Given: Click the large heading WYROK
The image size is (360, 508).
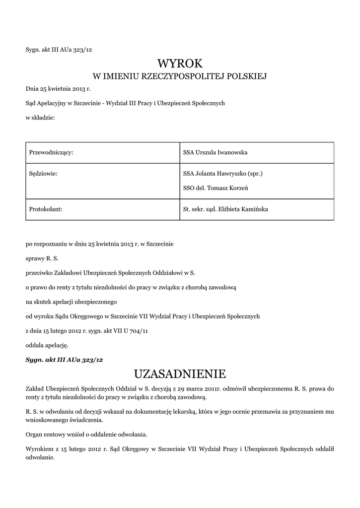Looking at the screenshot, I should pos(180,63).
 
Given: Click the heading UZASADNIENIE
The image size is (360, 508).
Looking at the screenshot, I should pos(180,373).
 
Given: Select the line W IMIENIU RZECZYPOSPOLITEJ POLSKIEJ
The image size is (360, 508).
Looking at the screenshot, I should pos(180,76).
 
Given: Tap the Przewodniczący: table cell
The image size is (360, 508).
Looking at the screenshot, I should pos(52,152).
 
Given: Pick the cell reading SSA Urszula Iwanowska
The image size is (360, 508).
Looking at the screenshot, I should pos(215,152).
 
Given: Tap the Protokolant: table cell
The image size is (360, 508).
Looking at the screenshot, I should pos(45,209).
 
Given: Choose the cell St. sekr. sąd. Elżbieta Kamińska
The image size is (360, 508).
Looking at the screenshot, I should pos(225,209).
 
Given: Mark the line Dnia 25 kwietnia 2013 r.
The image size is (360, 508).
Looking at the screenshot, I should pos(59,89).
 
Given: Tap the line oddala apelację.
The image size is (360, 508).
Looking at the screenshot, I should pos(47,344).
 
